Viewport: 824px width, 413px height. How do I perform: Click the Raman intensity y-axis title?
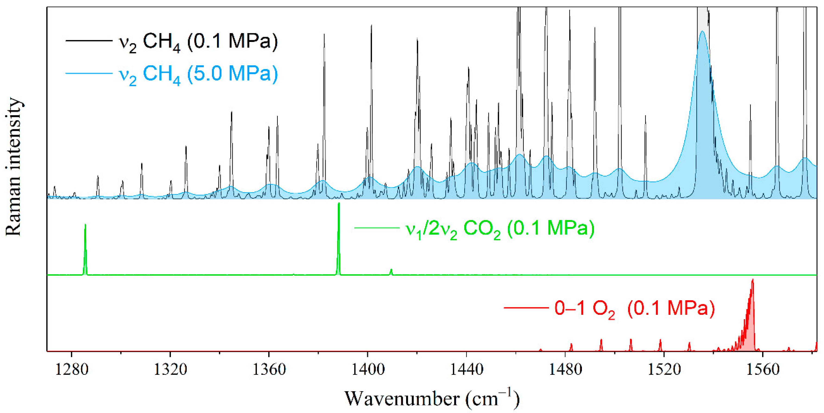point(13,166)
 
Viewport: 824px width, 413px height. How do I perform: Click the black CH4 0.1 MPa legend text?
point(198,42)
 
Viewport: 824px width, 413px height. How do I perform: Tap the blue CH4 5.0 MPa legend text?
point(198,74)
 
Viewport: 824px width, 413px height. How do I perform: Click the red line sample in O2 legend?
point(526,308)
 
